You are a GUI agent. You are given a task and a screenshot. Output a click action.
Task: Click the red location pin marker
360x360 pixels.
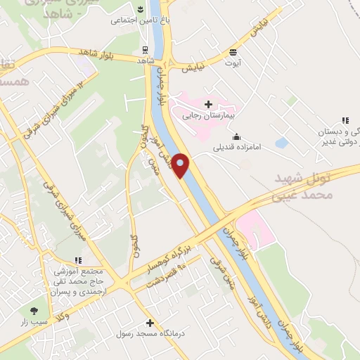click(x=181, y=165)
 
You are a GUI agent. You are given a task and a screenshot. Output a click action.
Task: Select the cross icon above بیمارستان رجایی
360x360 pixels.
click(x=207, y=104)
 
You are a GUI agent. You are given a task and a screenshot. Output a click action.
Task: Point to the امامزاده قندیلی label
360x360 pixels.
click(x=236, y=148)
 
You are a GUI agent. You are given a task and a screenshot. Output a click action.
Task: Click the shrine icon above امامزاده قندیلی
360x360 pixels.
click(x=236, y=136)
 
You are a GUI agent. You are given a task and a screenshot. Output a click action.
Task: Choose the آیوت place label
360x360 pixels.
click(x=233, y=62)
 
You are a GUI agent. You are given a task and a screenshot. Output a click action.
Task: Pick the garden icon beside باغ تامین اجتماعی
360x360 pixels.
click(x=140, y=10)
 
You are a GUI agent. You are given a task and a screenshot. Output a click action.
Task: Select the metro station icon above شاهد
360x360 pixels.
click(x=145, y=50)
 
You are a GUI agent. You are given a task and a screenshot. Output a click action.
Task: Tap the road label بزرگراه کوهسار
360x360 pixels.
click(x=168, y=258)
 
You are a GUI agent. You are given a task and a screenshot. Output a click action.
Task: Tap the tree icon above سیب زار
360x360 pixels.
click(x=33, y=310)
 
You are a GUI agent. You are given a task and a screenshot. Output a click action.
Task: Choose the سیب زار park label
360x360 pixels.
click(x=33, y=321)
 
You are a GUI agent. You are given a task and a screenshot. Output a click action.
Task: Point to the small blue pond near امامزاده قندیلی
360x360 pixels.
click(x=282, y=143)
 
